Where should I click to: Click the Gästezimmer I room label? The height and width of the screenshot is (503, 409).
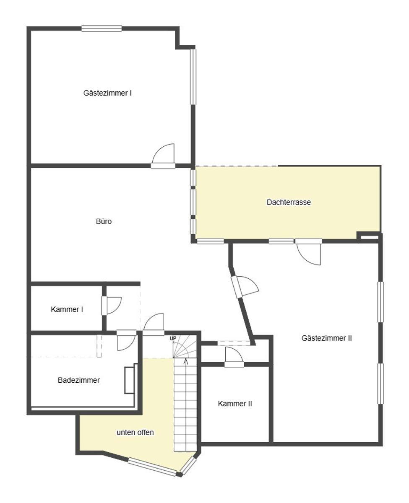107,93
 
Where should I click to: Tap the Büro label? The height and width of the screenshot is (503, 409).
104,221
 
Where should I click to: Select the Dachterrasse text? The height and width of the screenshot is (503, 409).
289,202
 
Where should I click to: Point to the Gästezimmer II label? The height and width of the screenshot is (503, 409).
326,338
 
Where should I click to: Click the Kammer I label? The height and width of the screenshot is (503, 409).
67,309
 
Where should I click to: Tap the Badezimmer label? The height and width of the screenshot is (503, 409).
79,380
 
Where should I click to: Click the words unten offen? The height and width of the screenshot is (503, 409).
135,433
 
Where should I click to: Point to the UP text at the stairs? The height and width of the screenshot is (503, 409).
173,338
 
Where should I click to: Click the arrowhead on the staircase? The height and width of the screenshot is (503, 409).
185,360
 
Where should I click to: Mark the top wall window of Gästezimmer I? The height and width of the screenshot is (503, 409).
102,29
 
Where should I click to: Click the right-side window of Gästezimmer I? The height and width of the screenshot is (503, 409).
193,77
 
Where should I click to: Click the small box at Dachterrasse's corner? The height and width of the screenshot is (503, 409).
369,238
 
